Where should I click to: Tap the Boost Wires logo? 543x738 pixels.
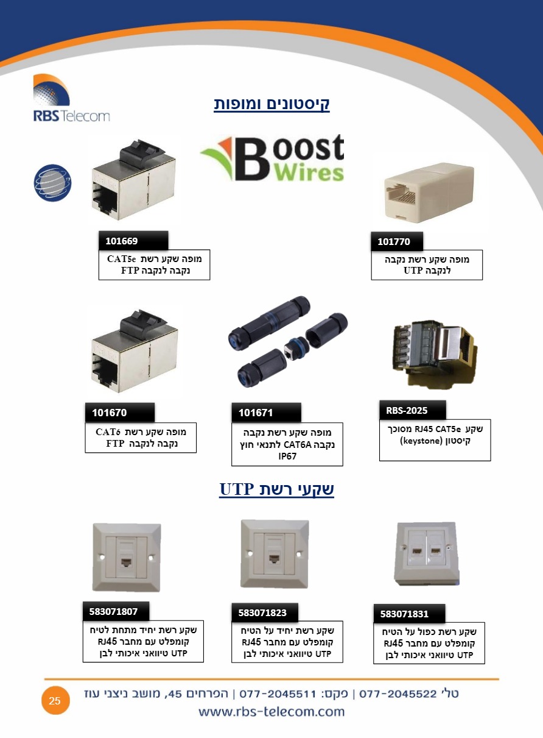[x=272, y=158]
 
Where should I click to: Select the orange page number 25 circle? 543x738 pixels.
[x=55, y=701]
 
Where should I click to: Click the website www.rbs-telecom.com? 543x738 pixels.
[x=271, y=712]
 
